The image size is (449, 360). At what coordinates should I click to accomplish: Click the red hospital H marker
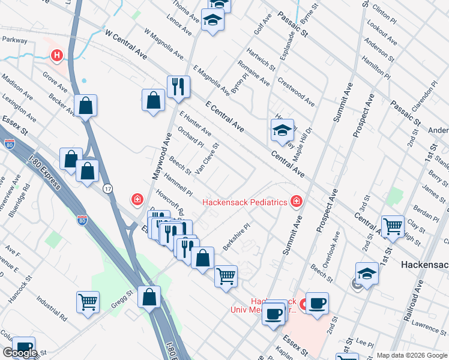[57, 56]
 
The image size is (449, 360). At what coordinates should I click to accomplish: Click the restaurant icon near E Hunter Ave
[178, 87]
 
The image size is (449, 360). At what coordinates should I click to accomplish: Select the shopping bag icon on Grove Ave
[86, 106]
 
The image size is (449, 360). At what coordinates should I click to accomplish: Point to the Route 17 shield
[106, 189]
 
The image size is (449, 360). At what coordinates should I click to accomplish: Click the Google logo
[19, 353]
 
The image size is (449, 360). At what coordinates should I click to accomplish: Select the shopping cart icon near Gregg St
[88, 302]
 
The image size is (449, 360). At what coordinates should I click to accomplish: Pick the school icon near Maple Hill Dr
[282, 131]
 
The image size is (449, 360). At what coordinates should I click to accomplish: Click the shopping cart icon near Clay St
[393, 227]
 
